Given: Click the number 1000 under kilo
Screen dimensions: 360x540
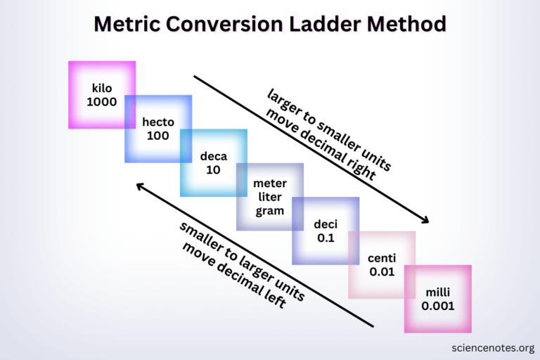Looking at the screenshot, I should pos(102,102).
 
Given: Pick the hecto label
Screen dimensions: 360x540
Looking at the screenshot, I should pos(157,122).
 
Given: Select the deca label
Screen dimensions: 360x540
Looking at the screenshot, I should pos(213,157).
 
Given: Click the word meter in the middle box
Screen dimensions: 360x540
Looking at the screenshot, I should pos(269,184).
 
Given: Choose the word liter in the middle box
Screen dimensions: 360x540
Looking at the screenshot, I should pos(269,198).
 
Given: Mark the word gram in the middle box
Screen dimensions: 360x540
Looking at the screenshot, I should pos(269,211).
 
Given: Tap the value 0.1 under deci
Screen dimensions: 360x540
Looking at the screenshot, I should pos(326,238).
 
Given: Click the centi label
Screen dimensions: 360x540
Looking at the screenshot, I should pos(382,258).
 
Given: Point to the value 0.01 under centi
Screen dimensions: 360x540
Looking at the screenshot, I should pos(382,271).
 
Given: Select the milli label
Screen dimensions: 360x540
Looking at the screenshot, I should pos(437,292).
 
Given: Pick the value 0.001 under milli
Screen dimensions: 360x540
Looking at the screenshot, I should pos(437,306).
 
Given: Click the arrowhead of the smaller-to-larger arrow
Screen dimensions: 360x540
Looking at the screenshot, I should pos(140,186).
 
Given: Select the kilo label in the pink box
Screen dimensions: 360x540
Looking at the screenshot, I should pos(102,89).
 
